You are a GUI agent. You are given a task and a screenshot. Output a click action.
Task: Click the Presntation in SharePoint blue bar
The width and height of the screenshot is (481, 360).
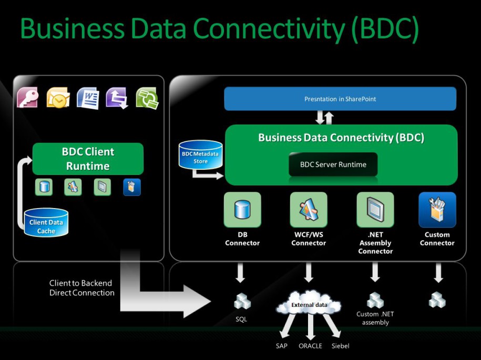tap(340, 99)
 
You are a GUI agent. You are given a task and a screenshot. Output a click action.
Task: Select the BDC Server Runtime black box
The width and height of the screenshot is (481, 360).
tap(333, 164)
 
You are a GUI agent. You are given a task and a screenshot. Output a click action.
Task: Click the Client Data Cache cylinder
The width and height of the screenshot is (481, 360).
tap(46, 223)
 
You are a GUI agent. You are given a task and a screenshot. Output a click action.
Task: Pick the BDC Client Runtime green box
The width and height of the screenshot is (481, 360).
tap(88, 159)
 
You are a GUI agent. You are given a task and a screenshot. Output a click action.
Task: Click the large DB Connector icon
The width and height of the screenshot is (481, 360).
tap(242, 210)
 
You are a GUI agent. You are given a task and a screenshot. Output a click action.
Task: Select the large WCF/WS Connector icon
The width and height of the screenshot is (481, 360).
tap(309, 210)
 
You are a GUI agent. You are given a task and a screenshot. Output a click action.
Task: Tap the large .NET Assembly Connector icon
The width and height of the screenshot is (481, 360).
tap(375, 210)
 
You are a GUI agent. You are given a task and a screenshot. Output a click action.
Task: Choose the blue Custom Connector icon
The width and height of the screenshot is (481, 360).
tap(437, 210)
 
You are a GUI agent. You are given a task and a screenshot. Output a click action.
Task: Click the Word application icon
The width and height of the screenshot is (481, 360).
tap(88, 98)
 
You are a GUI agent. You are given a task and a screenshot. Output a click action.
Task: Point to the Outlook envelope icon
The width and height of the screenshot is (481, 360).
tap(58, 98)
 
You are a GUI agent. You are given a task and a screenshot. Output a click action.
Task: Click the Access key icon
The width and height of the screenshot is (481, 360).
tap(28, 98)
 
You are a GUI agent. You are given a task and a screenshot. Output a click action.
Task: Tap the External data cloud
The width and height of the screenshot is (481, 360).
tap(309, 305)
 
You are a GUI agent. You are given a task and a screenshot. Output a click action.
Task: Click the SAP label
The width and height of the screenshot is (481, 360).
tap(282, 346)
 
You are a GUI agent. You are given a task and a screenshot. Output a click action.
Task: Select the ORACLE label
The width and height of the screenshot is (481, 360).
tap(310, 346)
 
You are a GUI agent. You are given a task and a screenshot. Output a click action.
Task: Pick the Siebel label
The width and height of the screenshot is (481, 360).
tap(341, 346)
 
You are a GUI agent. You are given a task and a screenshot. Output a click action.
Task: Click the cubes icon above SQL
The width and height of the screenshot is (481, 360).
tap(242, 301)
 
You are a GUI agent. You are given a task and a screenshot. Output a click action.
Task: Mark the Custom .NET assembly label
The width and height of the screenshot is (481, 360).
tap(375, 318)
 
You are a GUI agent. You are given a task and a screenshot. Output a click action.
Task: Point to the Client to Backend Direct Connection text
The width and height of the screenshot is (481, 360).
tap(82, 288)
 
